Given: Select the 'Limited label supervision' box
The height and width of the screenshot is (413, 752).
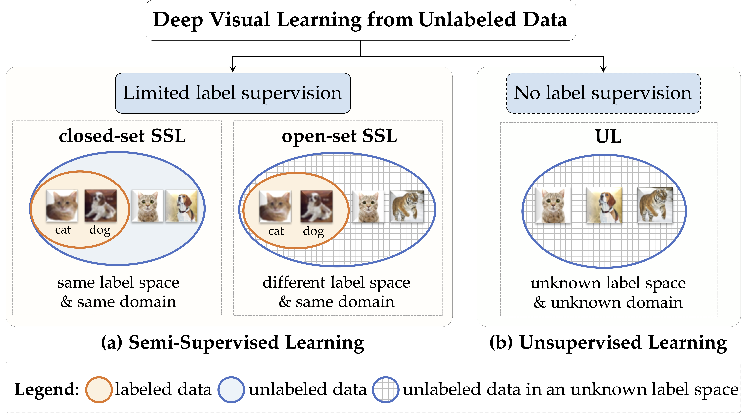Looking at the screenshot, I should point(233,93).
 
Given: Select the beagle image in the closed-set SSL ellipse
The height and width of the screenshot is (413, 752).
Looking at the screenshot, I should point(182,206).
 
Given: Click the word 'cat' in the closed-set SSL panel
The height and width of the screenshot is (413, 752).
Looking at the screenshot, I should point(63,230).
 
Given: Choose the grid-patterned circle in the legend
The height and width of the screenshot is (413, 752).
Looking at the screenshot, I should point(385,390).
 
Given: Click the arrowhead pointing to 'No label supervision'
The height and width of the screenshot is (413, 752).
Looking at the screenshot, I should point(603,69).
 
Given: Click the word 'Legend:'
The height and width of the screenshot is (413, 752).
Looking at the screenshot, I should point(47,390).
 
